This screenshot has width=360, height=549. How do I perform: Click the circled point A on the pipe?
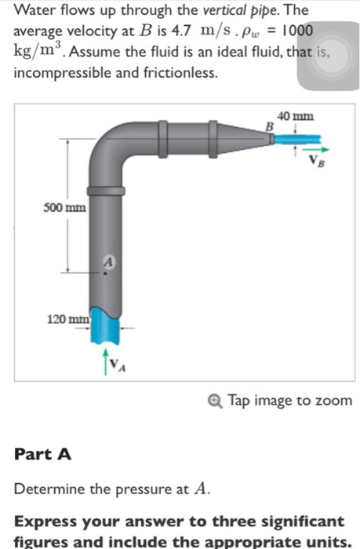click(108, 264)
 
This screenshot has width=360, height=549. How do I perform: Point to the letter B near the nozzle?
click(268, 125)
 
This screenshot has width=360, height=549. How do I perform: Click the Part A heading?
click(43, 454)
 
